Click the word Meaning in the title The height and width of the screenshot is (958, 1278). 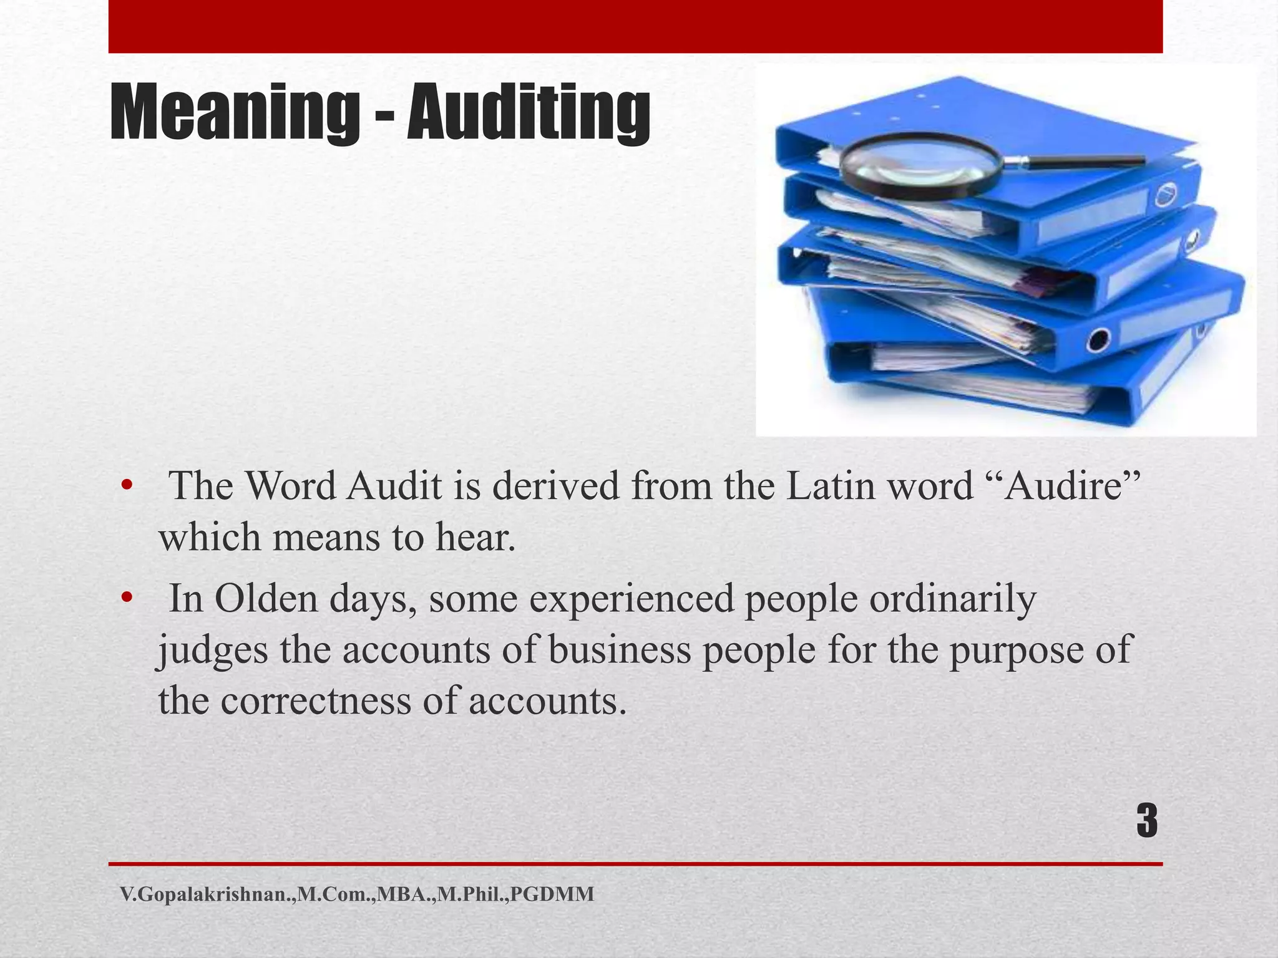(235, 113)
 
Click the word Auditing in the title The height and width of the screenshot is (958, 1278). (529, 113)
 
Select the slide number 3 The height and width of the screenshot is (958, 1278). (1146, 821)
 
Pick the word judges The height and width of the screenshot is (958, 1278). (212, 651)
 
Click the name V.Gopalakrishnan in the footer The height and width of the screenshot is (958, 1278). (205, 894)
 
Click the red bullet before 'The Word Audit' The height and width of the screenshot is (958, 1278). (127, 486)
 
